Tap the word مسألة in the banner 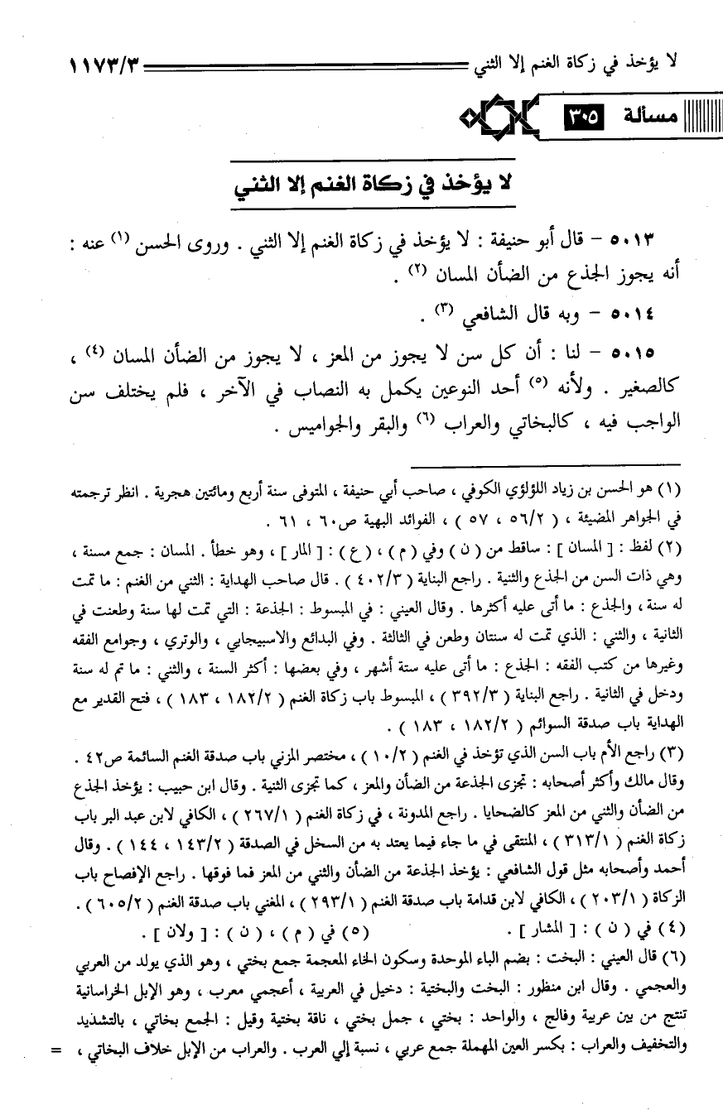pyautogui.click(x=649, y=117)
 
